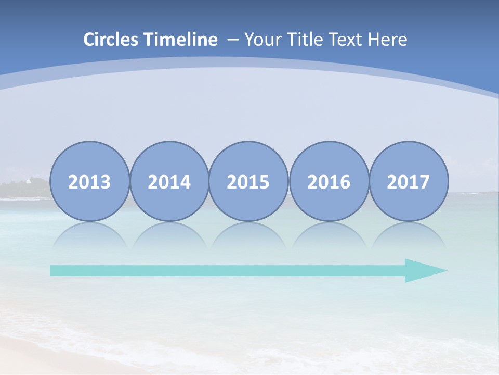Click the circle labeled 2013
[x=89, y=181]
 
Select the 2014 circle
[x=169, y=181]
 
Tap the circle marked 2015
[x=248, y=181]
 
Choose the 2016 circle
[x=329, y=181]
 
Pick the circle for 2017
[x=409, y=181]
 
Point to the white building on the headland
[x=28, y=181]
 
